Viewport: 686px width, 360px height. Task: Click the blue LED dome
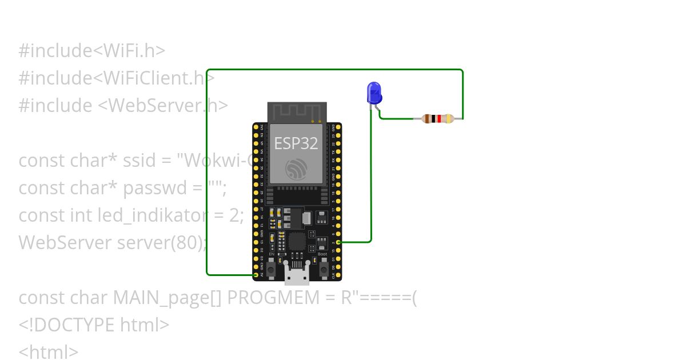point(373,91)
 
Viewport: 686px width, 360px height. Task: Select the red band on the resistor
point(438,119)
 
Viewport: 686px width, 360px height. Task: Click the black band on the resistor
point(433,119)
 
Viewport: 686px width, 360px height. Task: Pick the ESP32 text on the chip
point(296,143)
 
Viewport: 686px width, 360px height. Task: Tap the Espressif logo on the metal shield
point(296,168)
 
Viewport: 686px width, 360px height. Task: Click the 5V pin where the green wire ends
point(256,275)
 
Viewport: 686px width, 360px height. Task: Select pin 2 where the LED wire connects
point(338,242)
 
